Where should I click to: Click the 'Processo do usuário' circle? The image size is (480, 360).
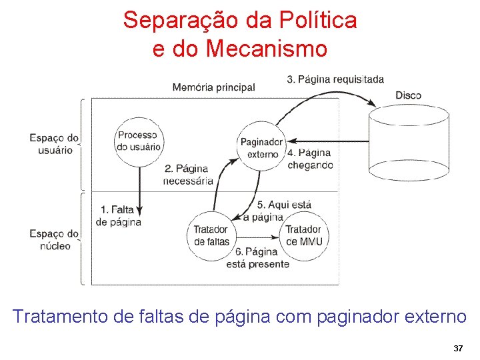coord(139,141)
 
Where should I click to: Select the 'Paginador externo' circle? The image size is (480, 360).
coord(261,147)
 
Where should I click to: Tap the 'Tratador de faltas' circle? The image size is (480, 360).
coord(211,235)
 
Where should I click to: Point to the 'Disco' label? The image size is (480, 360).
coord(408,95)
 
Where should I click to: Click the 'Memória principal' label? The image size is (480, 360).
coord(213,87)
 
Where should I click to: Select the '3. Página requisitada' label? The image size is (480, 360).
coord(335,79)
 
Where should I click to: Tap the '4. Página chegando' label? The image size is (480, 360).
coord(309,159)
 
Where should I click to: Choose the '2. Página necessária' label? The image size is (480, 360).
coord(188,175)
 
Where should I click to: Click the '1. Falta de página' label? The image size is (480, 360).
coord(119,216)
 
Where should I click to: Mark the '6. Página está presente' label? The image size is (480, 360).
coord(261,258)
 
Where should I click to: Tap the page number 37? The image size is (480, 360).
coord(458,349)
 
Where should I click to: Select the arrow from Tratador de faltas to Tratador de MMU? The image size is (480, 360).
coord(257,235)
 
